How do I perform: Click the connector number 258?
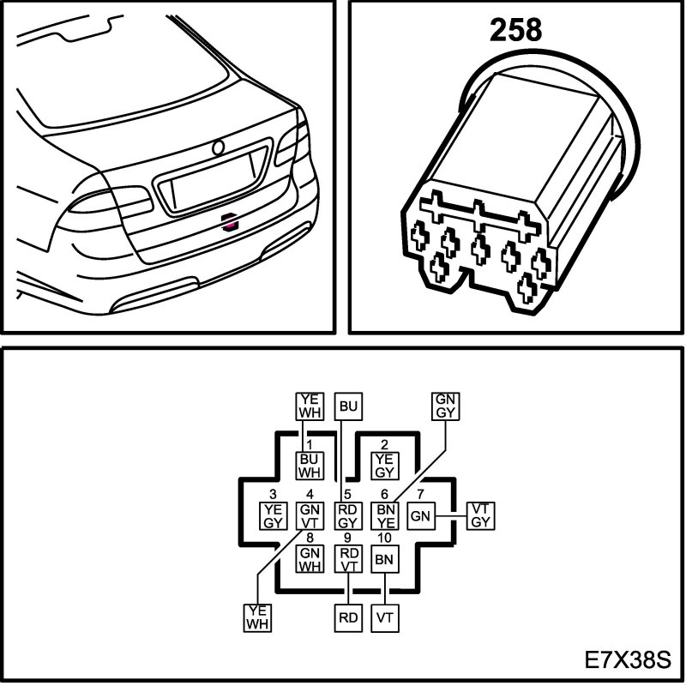point(516,30)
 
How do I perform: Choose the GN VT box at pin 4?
point(309,516)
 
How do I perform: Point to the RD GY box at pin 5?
point(347,516)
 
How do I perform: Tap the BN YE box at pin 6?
point(385,516)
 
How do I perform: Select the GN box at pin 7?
point(419,516)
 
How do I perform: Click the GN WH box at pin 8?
point(309,559)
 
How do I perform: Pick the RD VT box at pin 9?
point(347,559)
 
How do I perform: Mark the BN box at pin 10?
point(384,559)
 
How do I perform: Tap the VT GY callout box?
point(480,516)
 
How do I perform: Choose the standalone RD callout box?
point(347,616)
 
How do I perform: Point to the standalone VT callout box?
point(385,616)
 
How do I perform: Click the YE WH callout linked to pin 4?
point(257,617)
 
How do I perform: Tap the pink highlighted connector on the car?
point(228,223)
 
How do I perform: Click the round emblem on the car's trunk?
point(219,147)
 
